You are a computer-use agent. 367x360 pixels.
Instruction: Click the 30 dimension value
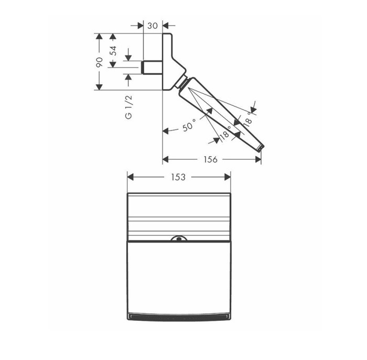(153, 25)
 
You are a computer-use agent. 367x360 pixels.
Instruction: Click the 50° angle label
(189, 126)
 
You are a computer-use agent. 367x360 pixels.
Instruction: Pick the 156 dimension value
(211, 159)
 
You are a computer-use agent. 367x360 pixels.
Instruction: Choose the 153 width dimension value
(178, 177)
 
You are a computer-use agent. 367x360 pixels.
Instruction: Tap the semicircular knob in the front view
(179, 239)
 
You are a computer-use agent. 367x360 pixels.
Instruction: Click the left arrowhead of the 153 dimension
(131, 177)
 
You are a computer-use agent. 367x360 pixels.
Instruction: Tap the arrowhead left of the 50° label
(166, 131)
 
